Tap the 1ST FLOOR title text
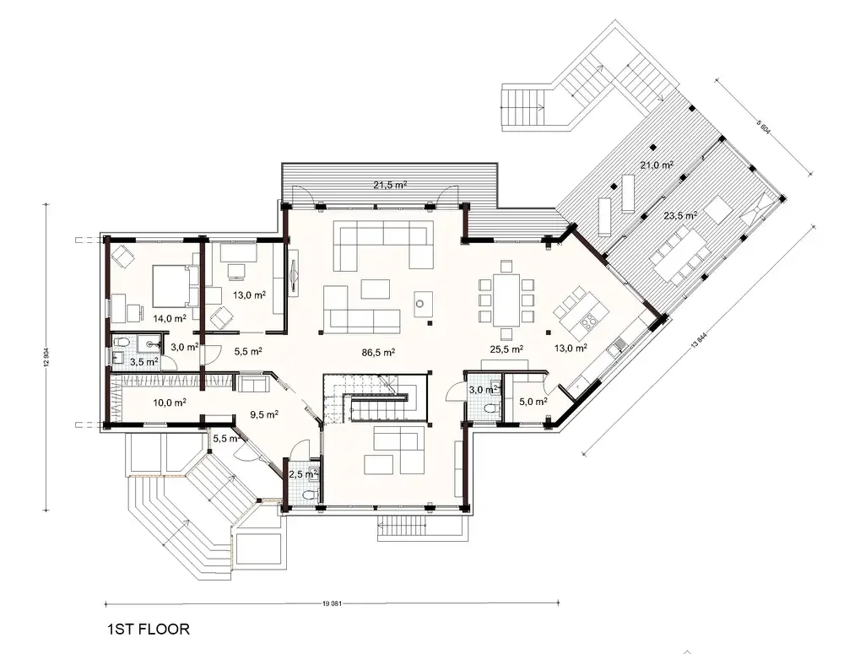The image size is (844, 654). [x=148, y=629]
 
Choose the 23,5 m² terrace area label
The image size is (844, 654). [x=679, y=215]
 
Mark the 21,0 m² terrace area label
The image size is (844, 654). [x=656, y=166]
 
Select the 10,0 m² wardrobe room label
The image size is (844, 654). [x=169, y=403]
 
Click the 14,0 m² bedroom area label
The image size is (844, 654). [x=169, y=319]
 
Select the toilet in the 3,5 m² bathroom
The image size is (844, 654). [x=124, y=343]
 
